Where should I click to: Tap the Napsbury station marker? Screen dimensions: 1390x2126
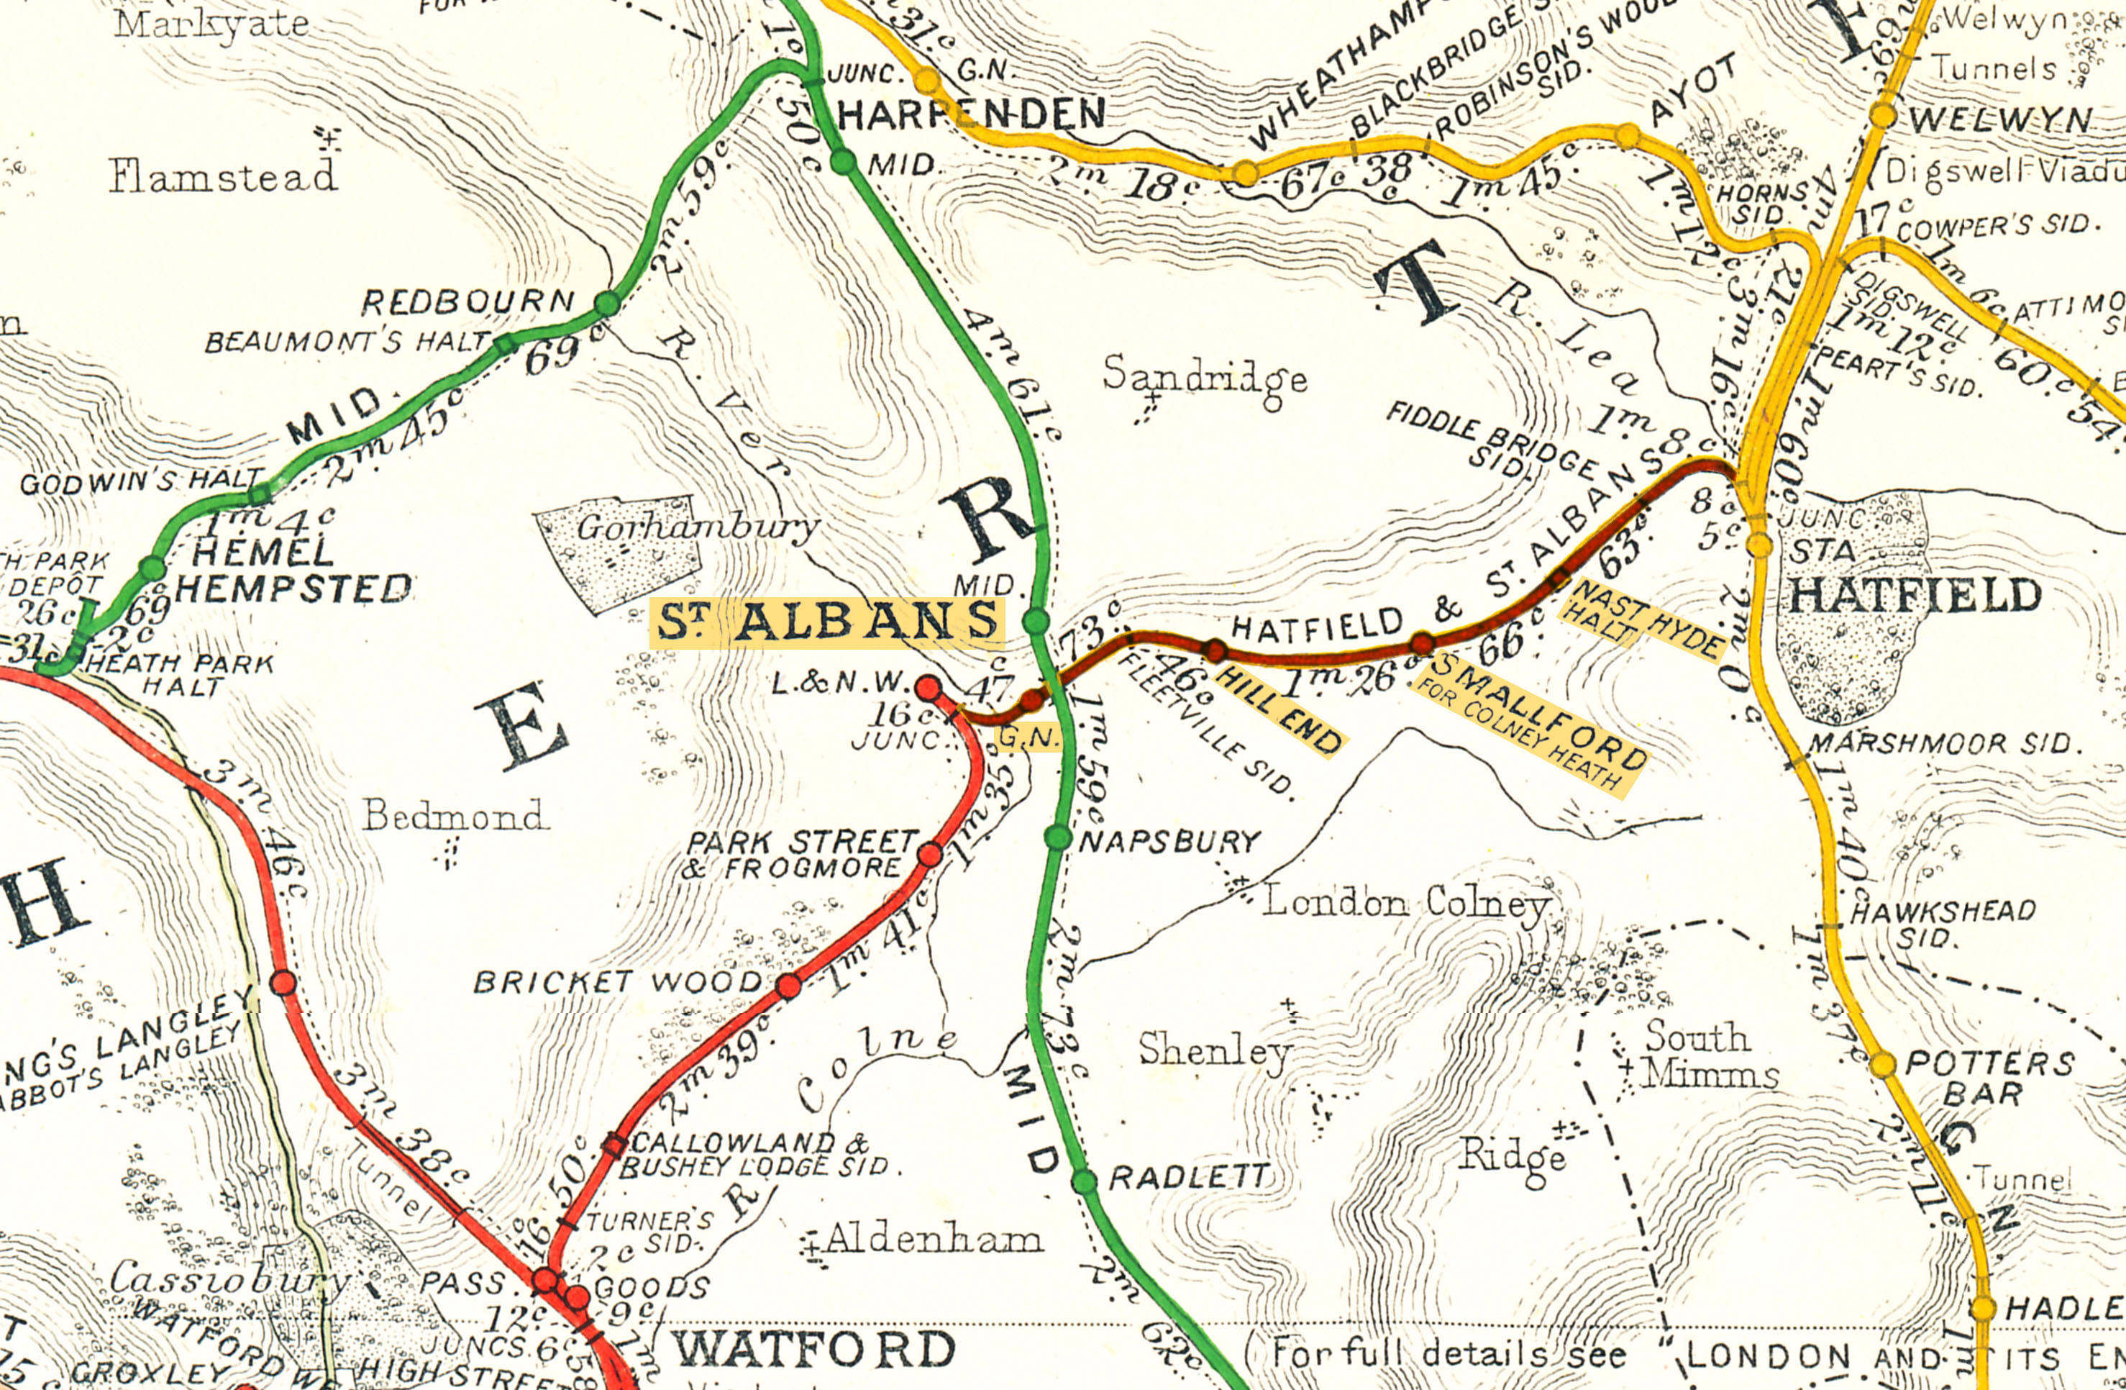tap(1058, 837)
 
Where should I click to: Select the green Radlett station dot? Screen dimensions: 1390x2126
tap(1084, 1180)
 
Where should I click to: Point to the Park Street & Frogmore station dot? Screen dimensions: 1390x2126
tap(930, 854)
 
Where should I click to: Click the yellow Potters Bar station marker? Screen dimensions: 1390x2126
tap(1882, 1064)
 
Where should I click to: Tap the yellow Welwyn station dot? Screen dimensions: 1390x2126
tap(1883, 115)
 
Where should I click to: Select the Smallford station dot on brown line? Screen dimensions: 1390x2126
tap(1423, 643)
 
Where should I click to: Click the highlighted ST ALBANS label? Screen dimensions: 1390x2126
tap(827, 622)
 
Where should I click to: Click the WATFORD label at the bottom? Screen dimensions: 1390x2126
tap(813, 1349)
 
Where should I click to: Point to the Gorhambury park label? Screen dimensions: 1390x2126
tap(698, 527)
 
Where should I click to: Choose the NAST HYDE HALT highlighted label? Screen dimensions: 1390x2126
tap(1642, 619)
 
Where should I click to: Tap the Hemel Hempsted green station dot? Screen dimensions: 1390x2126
tap(152, 567)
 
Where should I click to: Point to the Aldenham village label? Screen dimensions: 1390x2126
tap(934, 1239)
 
